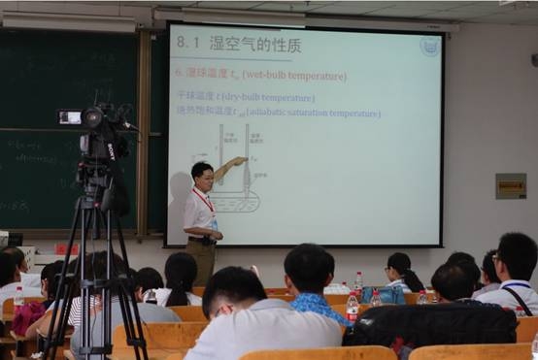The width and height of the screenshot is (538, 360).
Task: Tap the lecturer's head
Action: click(202, 175)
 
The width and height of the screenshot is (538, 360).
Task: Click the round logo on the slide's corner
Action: click(429, 46)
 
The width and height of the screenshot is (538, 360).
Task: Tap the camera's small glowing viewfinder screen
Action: click(70, 117)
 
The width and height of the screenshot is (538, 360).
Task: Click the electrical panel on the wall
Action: click(510, 185)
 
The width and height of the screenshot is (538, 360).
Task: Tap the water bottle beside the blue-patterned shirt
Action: click(353, 310)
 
